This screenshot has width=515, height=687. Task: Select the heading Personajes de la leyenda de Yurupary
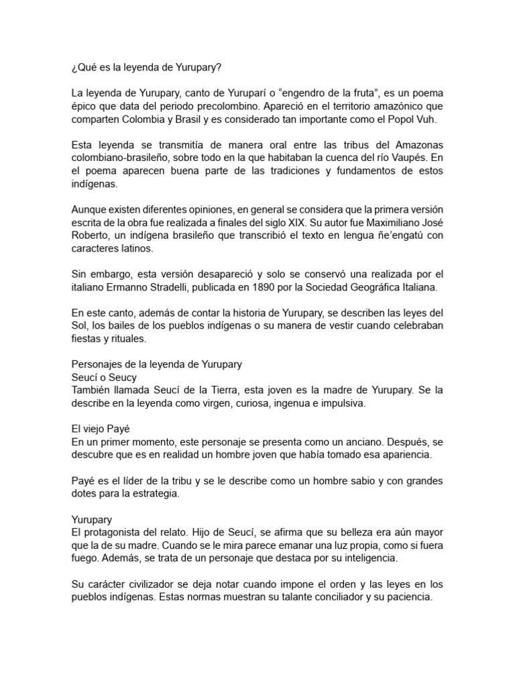tap(156, 364)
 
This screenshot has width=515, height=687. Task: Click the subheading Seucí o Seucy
tap(104, 377)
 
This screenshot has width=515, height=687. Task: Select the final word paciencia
tap(410, 597)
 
